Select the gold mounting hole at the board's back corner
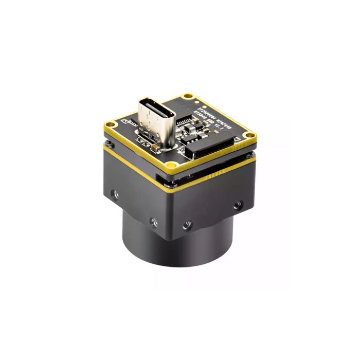tap(189, 96)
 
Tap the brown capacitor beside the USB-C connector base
tap(154, 148)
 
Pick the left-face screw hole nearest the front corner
tap(153, 222)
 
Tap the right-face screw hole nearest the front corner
tap(187, 225)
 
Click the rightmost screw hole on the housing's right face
tap(237, 205)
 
